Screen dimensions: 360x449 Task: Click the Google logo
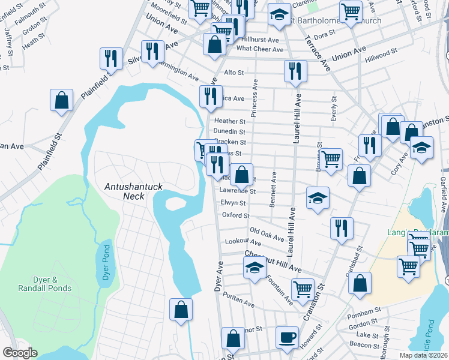click(20, 353)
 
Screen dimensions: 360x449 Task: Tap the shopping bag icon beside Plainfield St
click(61, 101)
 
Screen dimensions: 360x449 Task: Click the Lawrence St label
click(237, 191)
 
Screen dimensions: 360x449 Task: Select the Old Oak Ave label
click(267, 233)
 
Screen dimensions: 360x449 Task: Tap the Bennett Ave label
click(273, 191)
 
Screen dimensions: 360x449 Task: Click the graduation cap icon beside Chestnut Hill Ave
click(255, 269)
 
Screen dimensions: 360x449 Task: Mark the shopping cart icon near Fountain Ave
click(303, 289)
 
